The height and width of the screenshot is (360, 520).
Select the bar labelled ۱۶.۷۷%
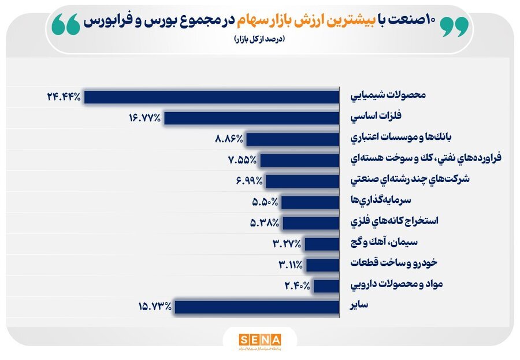pyautogui.click(x=251, y=118)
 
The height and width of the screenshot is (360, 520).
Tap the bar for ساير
pyautogui.click(x=257, y=306)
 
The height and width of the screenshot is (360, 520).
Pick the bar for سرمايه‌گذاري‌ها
pyautogui.click(x=310, y=202)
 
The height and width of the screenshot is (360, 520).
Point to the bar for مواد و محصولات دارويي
pyautogui.click(x=326, y=285)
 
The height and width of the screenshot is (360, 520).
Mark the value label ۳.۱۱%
pyautogui.click(x=289, y=265)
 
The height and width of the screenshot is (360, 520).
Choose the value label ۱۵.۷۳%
pyautogui.click(x=154, y=306)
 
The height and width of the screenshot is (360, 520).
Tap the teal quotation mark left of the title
pyautogui.click(x=65, y=25)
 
